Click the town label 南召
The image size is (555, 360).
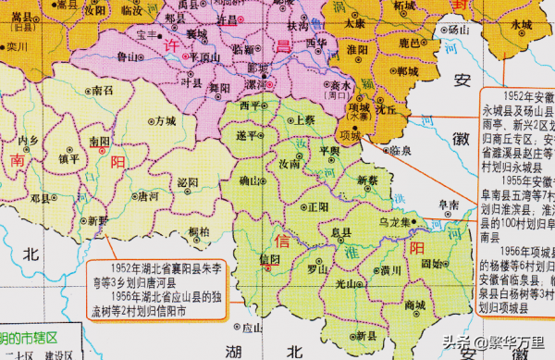104,91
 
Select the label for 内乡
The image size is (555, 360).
30,140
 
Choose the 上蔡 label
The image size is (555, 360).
304,120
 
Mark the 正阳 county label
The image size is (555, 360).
318,205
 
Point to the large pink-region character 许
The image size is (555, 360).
170,46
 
